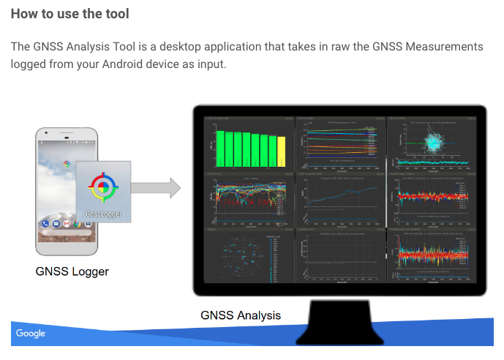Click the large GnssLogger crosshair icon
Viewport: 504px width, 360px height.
tap(104, 187)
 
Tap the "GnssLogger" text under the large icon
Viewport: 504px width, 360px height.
tap(104, 214)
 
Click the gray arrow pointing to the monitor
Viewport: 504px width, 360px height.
tap(156, 187)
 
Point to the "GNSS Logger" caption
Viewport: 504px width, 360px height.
tap(72, 271)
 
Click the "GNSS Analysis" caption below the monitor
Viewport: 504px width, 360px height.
tap(241, 315)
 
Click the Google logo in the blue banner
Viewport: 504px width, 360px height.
tap(31, 334)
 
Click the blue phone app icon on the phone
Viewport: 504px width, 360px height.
tap(46, 223)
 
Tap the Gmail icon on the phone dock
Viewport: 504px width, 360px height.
tap(67, 223)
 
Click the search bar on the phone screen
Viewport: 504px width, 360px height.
tap(66, 234)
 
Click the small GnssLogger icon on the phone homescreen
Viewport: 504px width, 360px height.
tap(67, 164)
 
